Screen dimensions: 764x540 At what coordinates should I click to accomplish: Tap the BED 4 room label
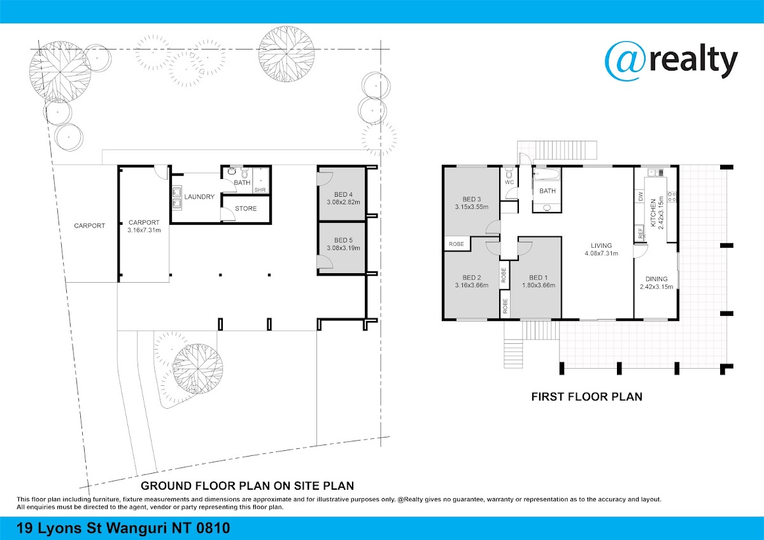point(343,194)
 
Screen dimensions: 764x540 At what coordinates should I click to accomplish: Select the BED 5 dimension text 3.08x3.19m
point(343,248)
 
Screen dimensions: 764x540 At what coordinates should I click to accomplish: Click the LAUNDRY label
point(199,197)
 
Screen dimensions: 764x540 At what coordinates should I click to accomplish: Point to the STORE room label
point(246,208)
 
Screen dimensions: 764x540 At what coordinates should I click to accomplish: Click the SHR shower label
point(260,190)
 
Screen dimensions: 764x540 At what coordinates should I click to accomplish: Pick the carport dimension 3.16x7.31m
point(144,231)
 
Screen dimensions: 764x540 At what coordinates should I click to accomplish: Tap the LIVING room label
point(601,246)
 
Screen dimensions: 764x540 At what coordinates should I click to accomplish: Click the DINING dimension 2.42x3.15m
point(656,287)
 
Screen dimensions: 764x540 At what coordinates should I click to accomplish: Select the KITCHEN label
point(653,213)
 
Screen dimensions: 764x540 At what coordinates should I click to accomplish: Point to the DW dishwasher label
point(640,197)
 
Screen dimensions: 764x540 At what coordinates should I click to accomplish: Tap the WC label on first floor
point(509,183)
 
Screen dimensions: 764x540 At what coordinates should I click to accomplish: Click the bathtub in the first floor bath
point(547,174)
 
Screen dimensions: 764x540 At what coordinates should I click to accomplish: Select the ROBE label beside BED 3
point(456,245)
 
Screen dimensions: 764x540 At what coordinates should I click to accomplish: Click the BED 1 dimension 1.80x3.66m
point(539,285)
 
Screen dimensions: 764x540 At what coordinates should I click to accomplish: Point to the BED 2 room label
point(472,278)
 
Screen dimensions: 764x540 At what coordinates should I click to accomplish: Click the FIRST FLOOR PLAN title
point(586,397)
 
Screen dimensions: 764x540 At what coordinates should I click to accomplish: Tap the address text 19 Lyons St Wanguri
point(92,529)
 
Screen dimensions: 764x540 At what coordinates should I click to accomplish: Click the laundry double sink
point(177,197)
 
